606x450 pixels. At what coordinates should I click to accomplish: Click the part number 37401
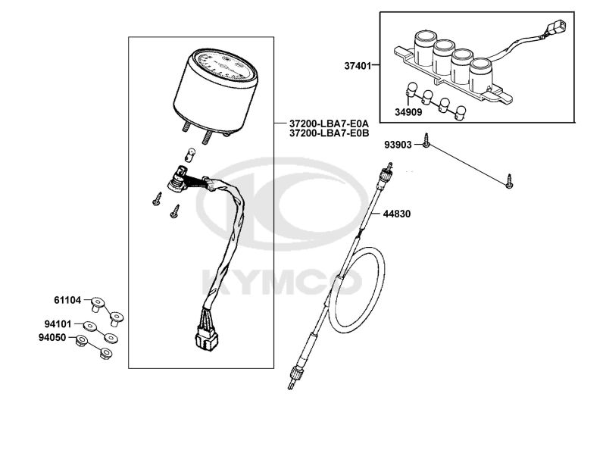358,66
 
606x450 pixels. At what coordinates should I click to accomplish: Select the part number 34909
408,112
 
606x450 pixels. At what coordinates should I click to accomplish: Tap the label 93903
398,145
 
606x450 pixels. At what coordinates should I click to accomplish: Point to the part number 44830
397,214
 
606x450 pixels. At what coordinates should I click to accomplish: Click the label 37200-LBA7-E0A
329,124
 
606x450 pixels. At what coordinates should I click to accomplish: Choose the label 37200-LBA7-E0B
329,133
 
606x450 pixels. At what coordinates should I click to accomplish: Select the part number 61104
67,300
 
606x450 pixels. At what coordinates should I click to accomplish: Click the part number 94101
58,323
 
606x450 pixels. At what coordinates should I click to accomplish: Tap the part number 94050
52,338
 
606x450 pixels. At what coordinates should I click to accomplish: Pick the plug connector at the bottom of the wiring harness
206,338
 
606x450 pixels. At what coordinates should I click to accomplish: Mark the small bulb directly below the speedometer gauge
189,155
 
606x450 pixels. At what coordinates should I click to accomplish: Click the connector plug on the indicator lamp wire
555,28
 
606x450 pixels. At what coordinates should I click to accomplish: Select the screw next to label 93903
426,140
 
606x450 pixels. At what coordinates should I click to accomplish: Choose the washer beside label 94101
89,326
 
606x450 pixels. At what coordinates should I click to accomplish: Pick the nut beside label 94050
81,340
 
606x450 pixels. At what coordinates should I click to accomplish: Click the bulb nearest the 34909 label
411,89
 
